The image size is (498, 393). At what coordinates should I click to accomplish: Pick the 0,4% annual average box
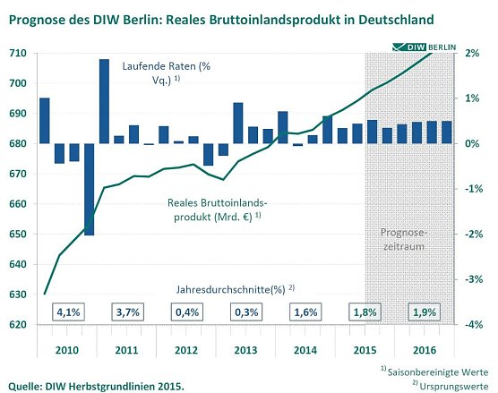coord(187,312)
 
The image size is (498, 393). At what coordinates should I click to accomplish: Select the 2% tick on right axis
coord(473,54)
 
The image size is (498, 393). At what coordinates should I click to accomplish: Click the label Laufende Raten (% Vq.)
coord(154,72)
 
